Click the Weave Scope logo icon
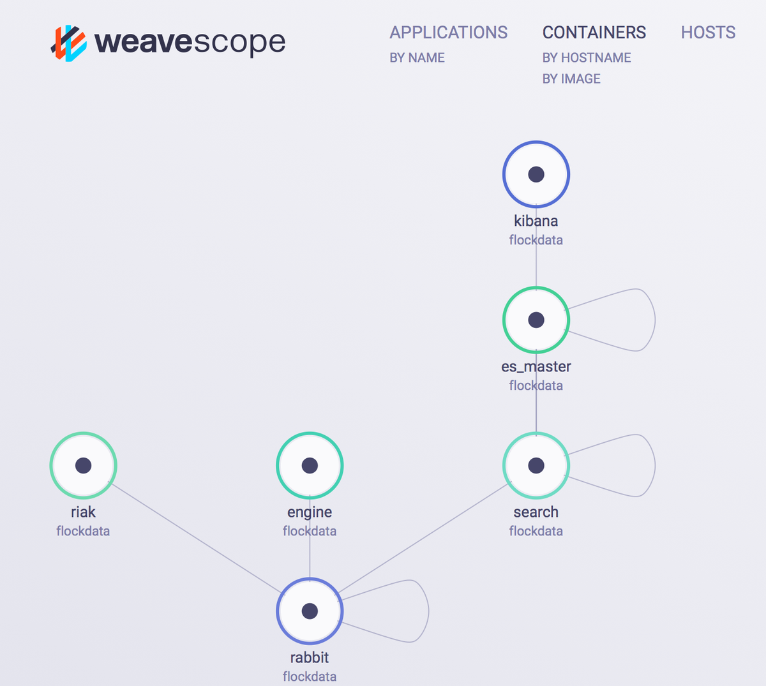click(x=69, y=43)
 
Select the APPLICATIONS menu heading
click(x=448, y=33)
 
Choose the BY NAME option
click(x=417, y=58)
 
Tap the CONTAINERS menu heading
click(x=594, y=33)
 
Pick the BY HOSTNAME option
click(x=586, y=58)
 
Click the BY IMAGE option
click(x=571, y=79)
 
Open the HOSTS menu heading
click(x=708, y=33)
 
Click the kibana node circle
click(x=536, y=174)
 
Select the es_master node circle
click(x=536, y=320)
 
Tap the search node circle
click(x=536, y=465)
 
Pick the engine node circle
click(x=310, y=465)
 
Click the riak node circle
click(x=83, y=465)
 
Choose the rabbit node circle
click(x=310, y=611)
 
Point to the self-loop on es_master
click(x=654, y=319)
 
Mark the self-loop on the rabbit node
click(x=428, y=611)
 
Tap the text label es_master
click(x=536, y=367)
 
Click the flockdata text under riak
click(x=83, y=531)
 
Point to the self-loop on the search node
click(x=654, y=465)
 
